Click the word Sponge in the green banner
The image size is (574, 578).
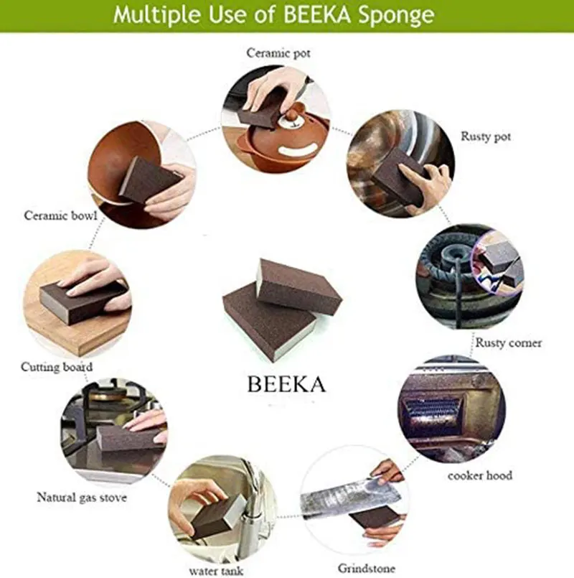pos(397,16)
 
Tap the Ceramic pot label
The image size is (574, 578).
pos(278,53)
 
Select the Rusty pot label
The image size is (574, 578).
pos(486,136)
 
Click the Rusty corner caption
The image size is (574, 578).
pos(509,342)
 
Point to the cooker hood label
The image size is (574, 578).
pos(480,475)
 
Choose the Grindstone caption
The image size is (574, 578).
pos(366,568)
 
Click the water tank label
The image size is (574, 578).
pos(216,571)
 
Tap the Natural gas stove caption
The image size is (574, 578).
pos(82,498)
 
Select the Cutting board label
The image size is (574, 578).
pos(57,367)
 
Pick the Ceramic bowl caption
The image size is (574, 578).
pos(60,215)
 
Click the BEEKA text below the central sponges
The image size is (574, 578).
pos(286,384)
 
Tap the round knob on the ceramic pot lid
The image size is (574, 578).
pos(295,110)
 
